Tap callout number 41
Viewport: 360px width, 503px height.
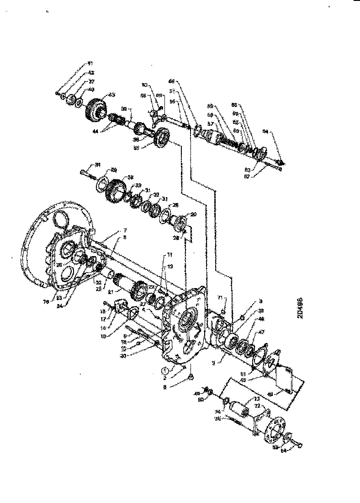click(x=90, y=63)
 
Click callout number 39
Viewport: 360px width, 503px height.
click(x=123, y=109)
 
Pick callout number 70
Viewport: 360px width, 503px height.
click(x=145, y=85)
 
